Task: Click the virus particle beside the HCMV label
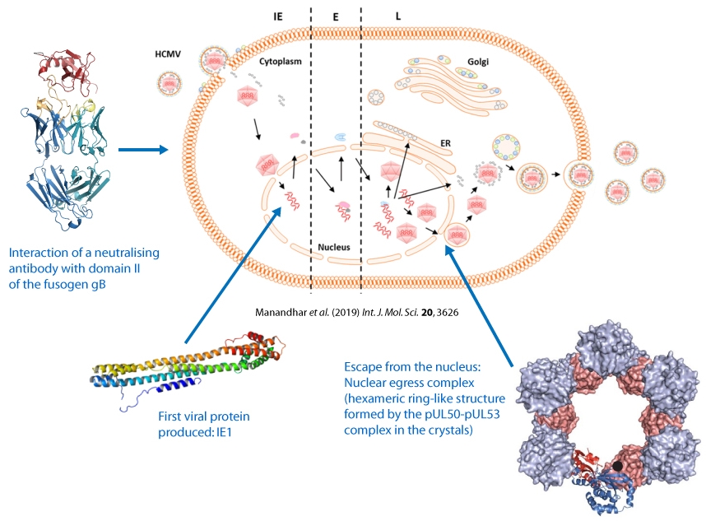coord(170,81)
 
